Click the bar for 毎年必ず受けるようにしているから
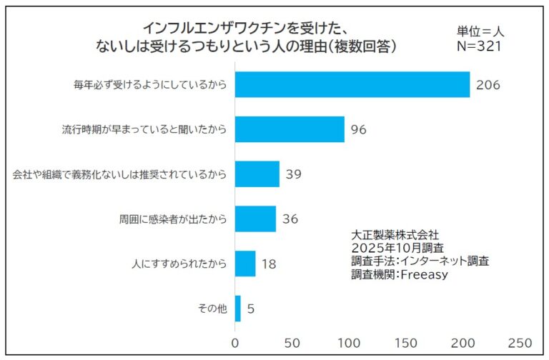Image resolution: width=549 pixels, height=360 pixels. click(352, 85)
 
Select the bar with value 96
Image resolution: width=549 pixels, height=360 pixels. click(290, 129)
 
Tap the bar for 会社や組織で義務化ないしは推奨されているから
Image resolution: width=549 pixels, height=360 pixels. click(257, 174)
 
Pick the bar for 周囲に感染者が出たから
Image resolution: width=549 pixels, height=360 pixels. click(255, 219)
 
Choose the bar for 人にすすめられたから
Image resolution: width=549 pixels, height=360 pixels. click(245, 264)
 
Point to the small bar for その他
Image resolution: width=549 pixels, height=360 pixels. click(238, 309)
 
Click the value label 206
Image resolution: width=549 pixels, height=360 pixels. click(488, 85)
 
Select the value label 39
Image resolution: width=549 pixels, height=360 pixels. click(294, 174)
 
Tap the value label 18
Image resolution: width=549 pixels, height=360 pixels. click(269, 264)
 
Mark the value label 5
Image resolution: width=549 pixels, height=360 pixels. click(251, 309)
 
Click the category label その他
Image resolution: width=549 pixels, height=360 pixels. click(212, 309)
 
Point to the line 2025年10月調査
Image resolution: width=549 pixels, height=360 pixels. click(397, 248)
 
